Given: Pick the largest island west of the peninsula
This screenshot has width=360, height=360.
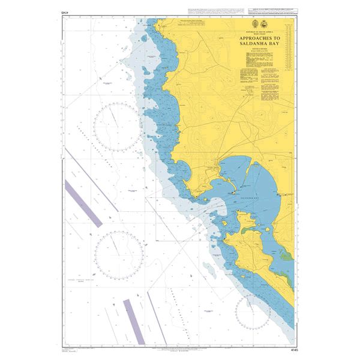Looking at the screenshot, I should (227, 223).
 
